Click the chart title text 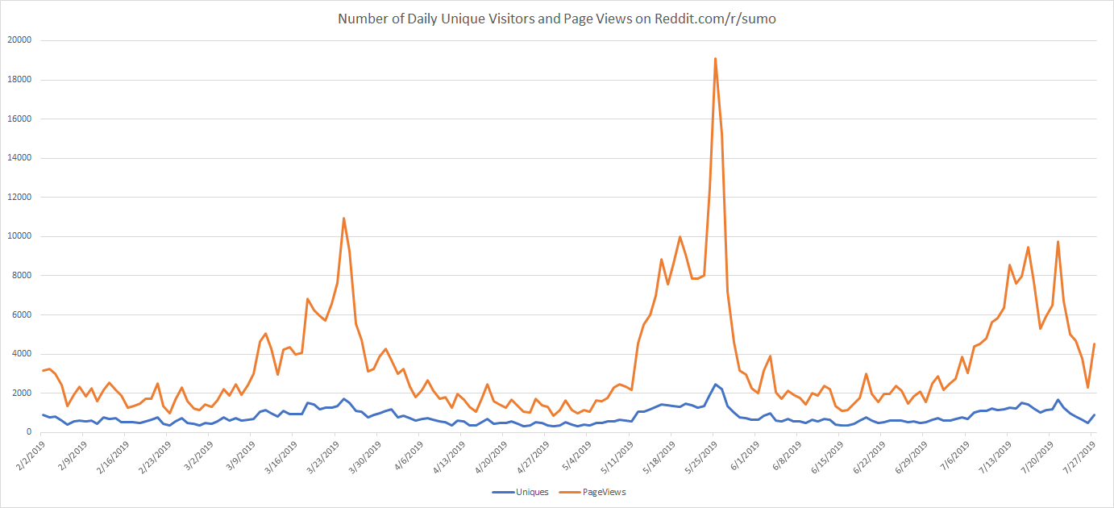[556, 19]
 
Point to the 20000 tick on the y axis [18, 40]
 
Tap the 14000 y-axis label [18, 158]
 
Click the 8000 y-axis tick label [20, 276]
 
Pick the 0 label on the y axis [27, 432]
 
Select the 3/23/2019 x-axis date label [323, 456]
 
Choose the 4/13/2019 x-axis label [448, 456]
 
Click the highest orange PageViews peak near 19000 [715, 58]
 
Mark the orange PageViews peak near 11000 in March [344, 218]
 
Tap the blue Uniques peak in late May [715, 385]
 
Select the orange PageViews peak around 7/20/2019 [1058, 242]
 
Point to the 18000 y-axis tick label [18, 80]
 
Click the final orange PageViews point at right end [1094, 344]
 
